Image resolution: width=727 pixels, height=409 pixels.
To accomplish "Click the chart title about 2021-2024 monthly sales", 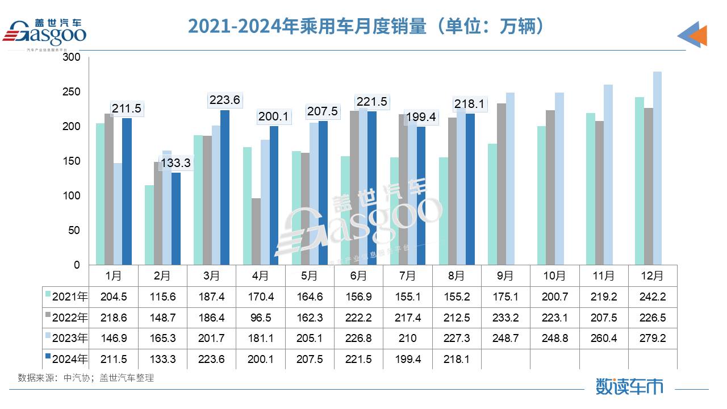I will point(366,26).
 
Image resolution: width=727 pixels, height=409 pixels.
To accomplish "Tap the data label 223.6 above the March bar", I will point(225,100).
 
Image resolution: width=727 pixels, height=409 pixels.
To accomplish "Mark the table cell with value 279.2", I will point(652,338).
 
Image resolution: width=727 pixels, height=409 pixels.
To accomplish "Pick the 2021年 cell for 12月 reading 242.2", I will point(652,297).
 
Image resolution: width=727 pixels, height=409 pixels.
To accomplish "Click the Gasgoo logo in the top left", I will point(45,33).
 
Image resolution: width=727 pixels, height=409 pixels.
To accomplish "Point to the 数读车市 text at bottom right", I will point(629,387).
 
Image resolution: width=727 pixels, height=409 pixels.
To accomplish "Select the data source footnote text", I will point(86,378).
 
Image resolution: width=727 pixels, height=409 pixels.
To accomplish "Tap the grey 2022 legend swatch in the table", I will point(48,317).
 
